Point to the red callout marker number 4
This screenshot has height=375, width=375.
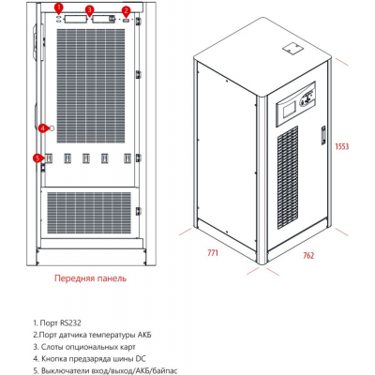tap(42, 127)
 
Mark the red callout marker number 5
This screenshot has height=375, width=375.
tap(38, 158)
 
